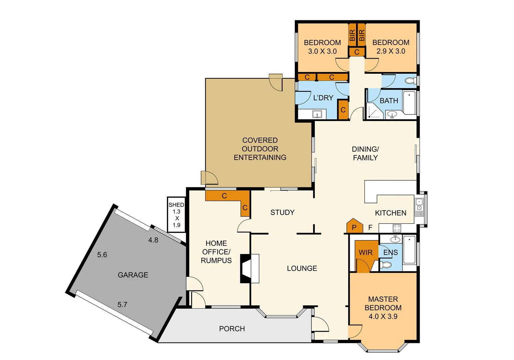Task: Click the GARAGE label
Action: pyautogui.click(x=133, y=275)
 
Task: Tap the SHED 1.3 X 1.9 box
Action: pyautogui.click(x=176, y=215)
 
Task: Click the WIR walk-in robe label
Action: pyautogui.click(x=365, y=253)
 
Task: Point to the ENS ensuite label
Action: pyautogui.click(x=390, y=253)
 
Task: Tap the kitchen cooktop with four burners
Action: pyautogui.click(x=396, y=228)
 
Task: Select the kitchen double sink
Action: pyautogui.click(x=419, y=204)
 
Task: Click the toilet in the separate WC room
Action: pyautogui.click(x=410, y=81)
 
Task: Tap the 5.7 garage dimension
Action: pyautogui.click(x=122, y=305)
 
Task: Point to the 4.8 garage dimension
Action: pyautogui.click(x=153, y=240)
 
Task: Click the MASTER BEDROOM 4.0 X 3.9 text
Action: pyautogui.click(x=383, y=308)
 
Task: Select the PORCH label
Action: pyautogui.click(x=232, y=329)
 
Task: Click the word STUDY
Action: pyautogui.click(x=282, y=212)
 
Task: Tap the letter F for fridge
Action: pyautogui.click(x=370, y=228)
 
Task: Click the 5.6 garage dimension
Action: pyautogui.click(x=102, y=255)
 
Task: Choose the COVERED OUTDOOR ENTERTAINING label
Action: pyautogui.click(x=260, y=149)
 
